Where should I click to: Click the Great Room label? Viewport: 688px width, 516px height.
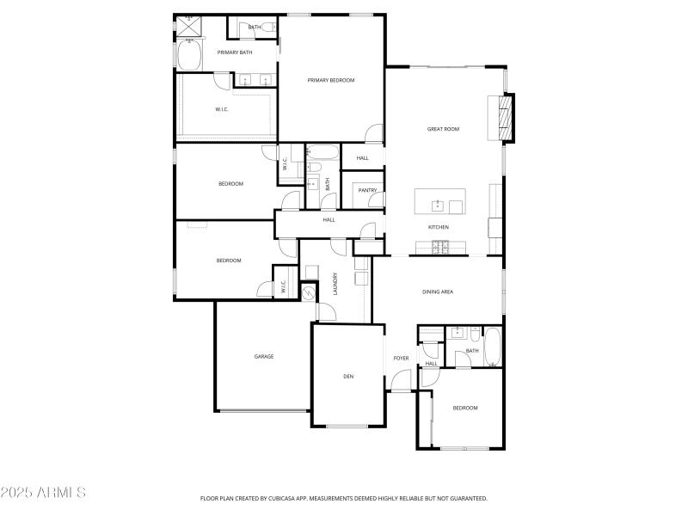click(443, 129)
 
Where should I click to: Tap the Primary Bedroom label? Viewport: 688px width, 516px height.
click(331, 80)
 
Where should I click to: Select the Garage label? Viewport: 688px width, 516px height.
click(263, 356)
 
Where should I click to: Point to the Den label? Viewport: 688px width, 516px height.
click(348, 376)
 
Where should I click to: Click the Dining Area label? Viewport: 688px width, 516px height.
click(437, 292)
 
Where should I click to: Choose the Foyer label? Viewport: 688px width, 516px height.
click(401, 358)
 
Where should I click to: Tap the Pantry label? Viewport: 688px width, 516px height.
click(367, 190)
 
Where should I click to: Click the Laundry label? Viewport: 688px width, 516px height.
click(335, 284)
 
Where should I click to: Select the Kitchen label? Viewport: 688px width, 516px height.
click(439, 227)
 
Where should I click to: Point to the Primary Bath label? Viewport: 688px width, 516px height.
click(234, 52)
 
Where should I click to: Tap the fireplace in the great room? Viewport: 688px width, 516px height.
click(506, 117)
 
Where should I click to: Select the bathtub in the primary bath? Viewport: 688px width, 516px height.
click(188, 56)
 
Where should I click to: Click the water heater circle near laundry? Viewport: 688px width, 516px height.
click(309, 293)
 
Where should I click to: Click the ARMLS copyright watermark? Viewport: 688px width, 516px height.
click(43, 493)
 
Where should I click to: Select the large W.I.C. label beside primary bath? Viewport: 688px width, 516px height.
click(222, 109)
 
